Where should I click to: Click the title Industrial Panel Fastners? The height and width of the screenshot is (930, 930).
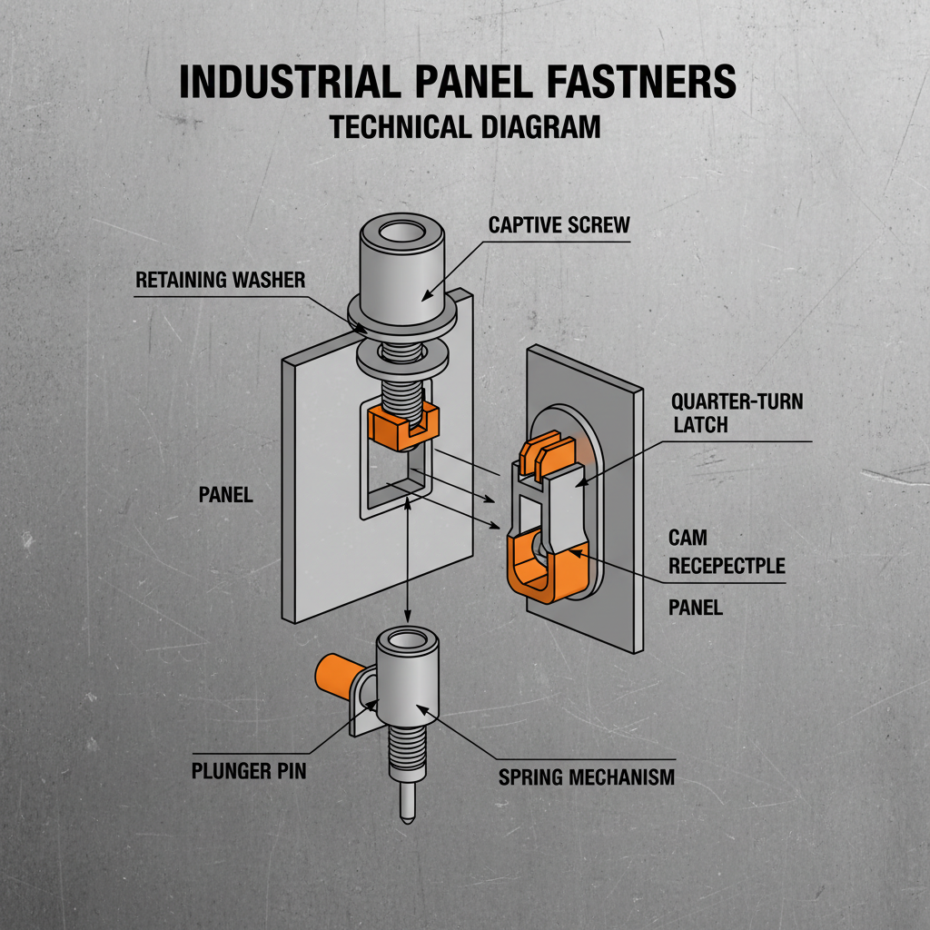tap(457, 83)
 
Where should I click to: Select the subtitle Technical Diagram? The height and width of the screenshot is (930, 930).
tap(465, 127)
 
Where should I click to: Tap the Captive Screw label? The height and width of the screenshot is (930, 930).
tap(559, 225)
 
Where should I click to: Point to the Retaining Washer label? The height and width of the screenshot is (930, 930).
tap(221, 280)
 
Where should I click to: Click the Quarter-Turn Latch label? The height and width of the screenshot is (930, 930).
tap(737, 412)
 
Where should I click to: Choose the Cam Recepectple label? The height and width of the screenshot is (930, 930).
tap(727, 552)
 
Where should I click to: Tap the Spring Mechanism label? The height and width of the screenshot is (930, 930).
tap(586, 777)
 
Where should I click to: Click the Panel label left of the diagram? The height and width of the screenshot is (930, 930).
tap(225, 495)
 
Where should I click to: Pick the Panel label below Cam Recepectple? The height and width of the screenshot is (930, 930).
tap(696, 608)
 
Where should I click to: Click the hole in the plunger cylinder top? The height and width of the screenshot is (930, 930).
tap(406, 643)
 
